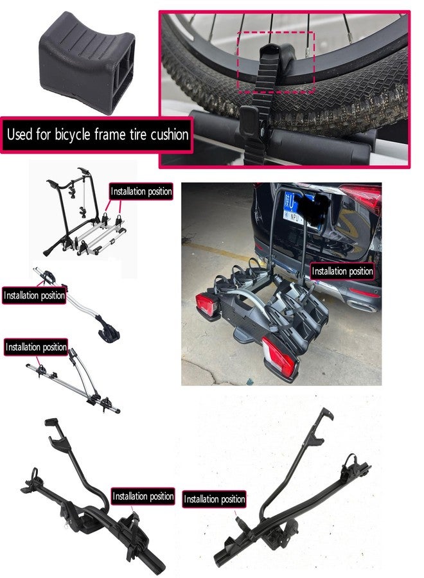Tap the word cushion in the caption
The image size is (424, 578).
point(170,134)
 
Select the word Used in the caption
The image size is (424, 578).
point(19,134)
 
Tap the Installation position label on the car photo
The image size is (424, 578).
point(342,271)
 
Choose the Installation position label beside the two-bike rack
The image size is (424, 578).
point(141,191)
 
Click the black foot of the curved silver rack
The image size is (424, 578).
point(109,333)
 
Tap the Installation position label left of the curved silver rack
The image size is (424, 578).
point(34,295)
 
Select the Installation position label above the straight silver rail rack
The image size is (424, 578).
point(36,347)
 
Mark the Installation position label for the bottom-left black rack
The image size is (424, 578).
point(143,496)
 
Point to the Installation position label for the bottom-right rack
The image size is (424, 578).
point(214,499)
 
